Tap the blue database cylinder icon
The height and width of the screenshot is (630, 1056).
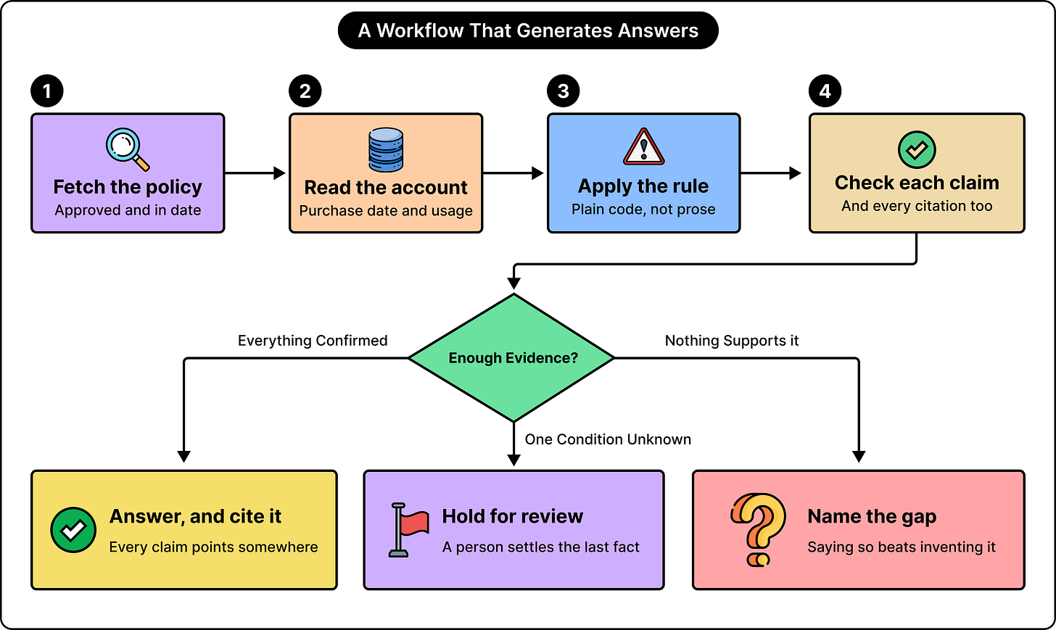[x=386, y=149]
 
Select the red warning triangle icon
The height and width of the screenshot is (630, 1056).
[x=643, y=146]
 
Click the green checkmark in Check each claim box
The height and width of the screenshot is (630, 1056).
[x=917, y=150]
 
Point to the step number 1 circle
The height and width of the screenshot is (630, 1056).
[x=47, y=91]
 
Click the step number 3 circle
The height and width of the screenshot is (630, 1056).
[x=564, y=91]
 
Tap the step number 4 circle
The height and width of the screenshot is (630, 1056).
[x=825, y=91]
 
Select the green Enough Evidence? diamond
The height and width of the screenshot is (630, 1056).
[x=513, y=358]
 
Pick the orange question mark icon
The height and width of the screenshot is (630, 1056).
[x=758, y=529]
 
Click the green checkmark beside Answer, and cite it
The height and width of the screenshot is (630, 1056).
[x=73, y=530]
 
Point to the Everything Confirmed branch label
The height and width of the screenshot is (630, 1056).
[x=313, y=340]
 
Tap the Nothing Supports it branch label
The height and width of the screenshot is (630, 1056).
[x=732, y=340]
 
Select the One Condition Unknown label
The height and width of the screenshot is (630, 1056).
[x=608, y=439]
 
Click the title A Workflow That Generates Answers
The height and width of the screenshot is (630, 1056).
[x=528, y=30]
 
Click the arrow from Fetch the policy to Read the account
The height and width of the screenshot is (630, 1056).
[x=255, y=173]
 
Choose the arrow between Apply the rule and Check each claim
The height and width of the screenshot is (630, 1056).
[x=771, y=173]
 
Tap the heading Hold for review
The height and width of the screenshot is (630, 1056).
[x=513, y=516]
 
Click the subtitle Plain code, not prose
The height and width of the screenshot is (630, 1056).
[x=643, y=210]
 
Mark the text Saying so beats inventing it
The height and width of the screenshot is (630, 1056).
[x=902, y=547]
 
